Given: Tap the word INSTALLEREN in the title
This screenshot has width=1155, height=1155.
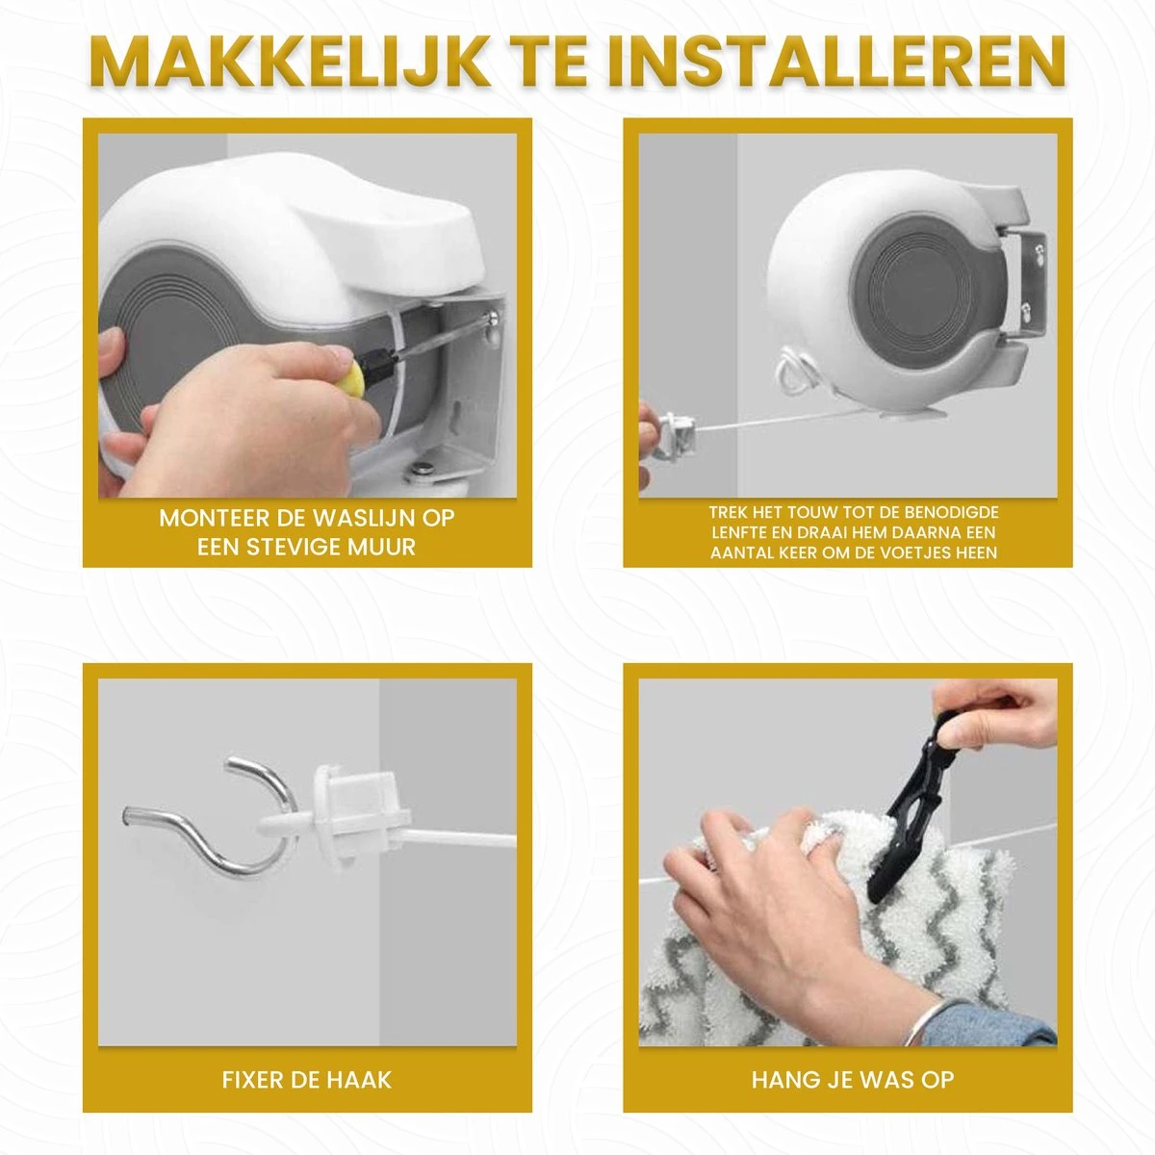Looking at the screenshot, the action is coord(834,64).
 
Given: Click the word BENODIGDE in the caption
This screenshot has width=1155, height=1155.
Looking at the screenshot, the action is coord(951,512).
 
